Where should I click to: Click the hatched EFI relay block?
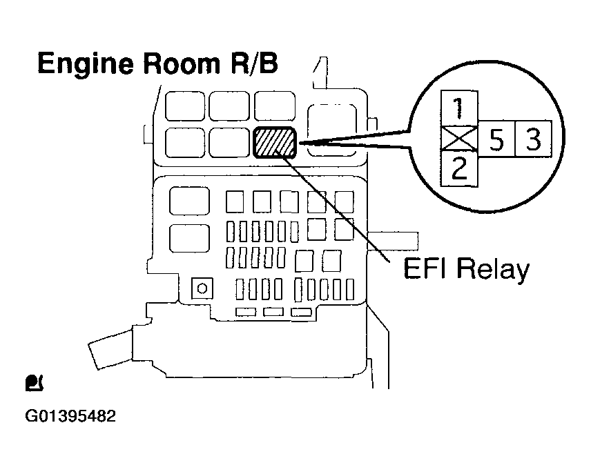(275, 143)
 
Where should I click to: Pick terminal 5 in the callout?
(496, 140)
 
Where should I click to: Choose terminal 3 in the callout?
(533, 140)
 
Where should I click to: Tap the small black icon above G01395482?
(32, 381)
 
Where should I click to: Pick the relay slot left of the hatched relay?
(230, 143)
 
